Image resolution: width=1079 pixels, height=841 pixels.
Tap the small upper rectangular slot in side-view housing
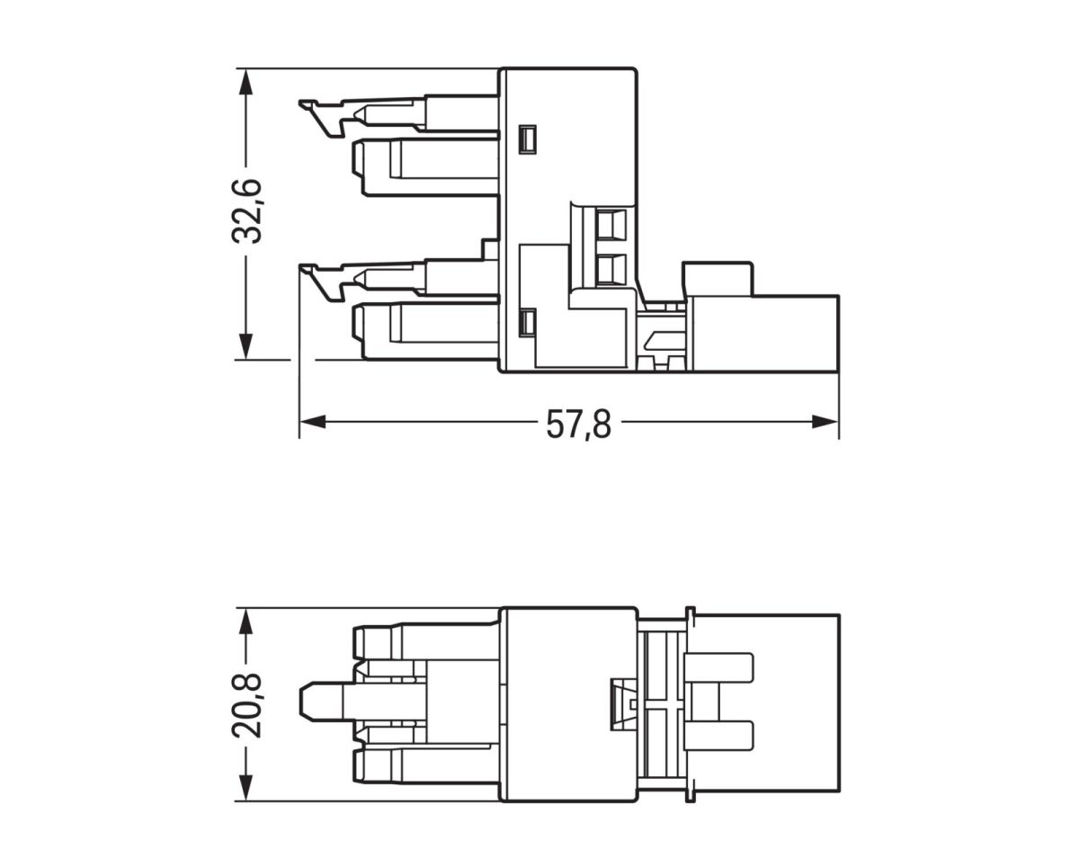pyautogui.click(x=528, y=139)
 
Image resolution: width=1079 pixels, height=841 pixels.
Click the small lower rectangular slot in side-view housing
pyautogui.click(x=528, y=323)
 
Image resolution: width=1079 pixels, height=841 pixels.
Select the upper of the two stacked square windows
pyautogui.click(x=611, y=223)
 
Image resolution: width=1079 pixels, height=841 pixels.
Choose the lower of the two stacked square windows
pyautogui.click(x=611, y=268)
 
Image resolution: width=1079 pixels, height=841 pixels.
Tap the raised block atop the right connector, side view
pyautogui.click(x=718, y=278)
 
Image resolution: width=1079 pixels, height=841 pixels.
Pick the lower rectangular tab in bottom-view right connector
pyautogui.click(x=718, y=737)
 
